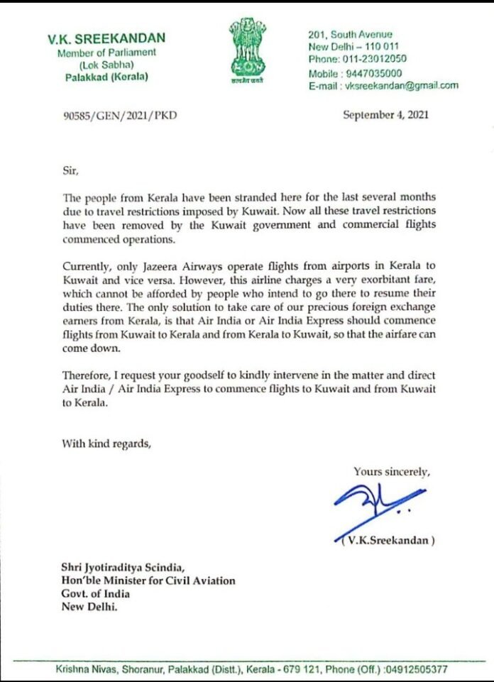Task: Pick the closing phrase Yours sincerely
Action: coord(392,471)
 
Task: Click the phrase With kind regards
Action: coord(106,445)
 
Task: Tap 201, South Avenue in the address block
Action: coord(351,34)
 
